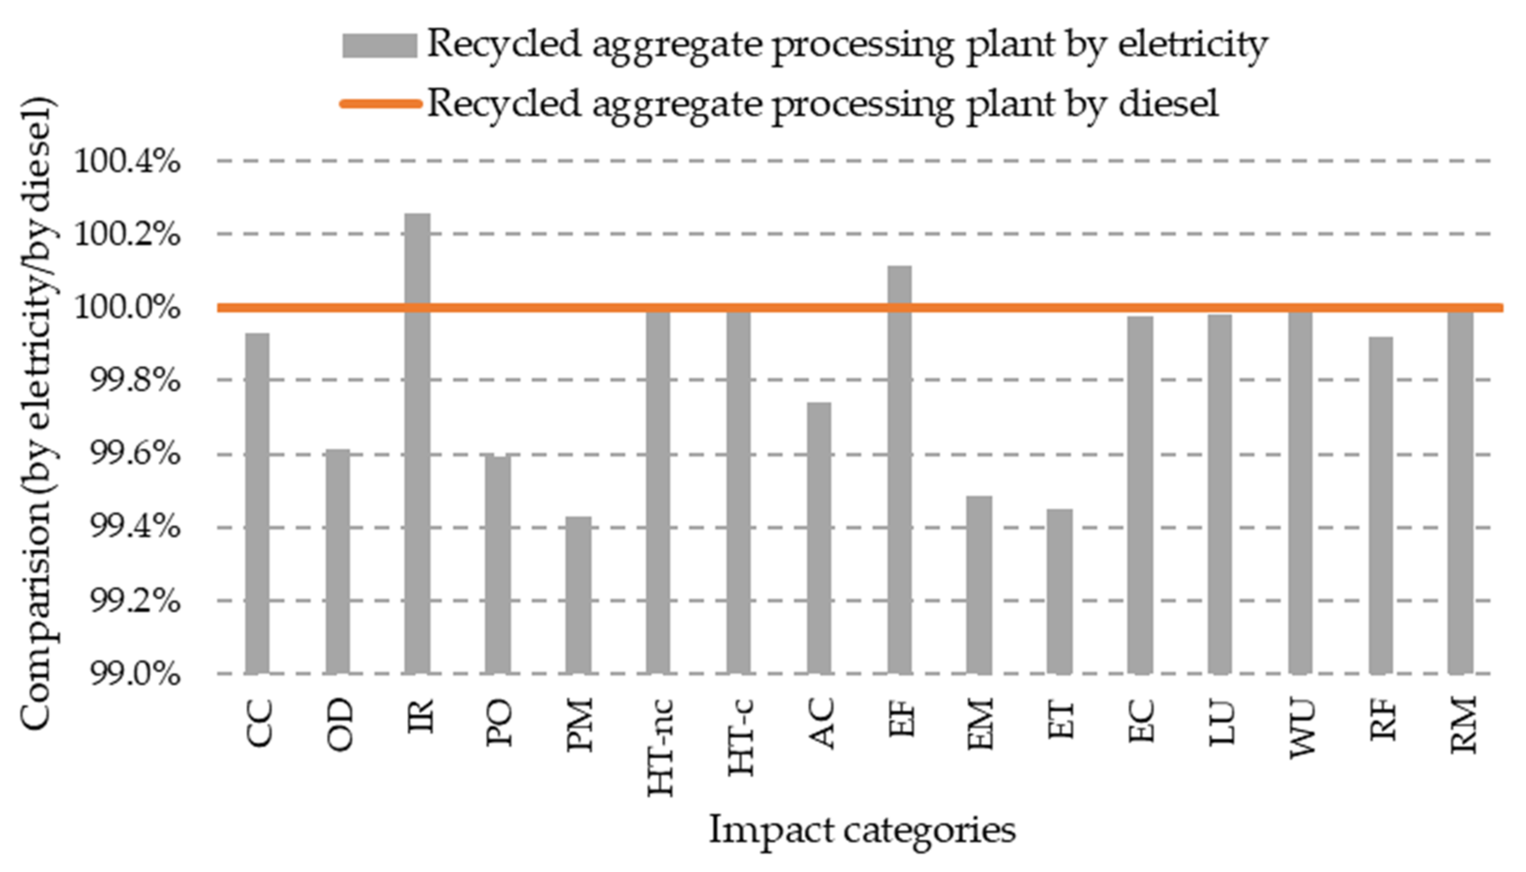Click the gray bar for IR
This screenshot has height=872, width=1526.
pyautogui.click(x=418, y=443)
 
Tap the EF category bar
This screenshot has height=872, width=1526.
pyautogui.click(x=899, y=470)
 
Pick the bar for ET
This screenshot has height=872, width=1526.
pyautogui.click(x=1060, y=591)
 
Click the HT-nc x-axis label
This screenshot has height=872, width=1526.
pyautogui.click(x=661, y=748)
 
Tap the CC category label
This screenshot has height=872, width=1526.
pyautogui.click(x=259, y=724)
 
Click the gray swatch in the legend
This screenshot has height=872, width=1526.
pyautogui.click(x=379, y=45)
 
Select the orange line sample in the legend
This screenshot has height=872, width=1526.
pyautogui.click(x=379, y=104)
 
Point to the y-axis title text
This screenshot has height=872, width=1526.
pyautogui.click(x=37, y=413)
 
